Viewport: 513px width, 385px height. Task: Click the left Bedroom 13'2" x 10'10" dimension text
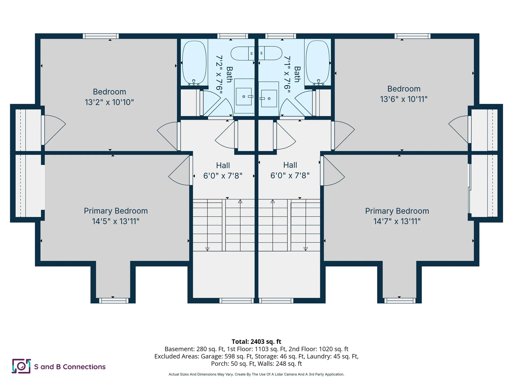coord(109,102)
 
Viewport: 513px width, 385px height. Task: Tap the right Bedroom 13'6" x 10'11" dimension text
coord(404,99)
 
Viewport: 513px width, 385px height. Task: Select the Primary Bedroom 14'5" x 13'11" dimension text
coord(116,221)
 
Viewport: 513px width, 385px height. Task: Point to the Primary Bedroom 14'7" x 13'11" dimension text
coord(397,221)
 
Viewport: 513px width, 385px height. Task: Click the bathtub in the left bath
coord(194,63)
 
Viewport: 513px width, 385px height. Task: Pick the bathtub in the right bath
coord(318,63)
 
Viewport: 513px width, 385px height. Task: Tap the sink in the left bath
coord(244,97)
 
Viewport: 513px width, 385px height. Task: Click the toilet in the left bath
coord(243,53)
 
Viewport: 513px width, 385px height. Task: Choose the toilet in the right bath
coord(270,53)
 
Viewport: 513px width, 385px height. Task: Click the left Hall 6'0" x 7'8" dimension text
coord(223,176)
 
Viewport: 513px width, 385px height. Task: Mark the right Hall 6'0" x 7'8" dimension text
coord(290,175)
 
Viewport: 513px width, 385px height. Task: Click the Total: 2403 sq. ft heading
coord(256,341)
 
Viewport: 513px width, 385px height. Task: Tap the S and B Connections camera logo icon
coord(21,366)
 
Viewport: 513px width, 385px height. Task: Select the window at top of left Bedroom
coord(101,36)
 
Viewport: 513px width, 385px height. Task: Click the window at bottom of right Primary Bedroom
coord(400,301)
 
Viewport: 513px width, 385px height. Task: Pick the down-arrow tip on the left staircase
coord(207,251)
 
